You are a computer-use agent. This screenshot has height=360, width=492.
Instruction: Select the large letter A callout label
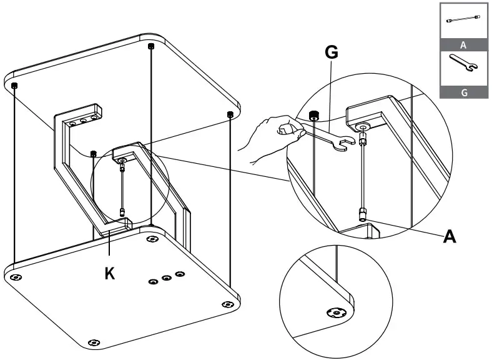pyautogui.click(x=449, y=236)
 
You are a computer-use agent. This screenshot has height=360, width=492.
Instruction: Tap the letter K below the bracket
pyautogui.click(x=109, y=273)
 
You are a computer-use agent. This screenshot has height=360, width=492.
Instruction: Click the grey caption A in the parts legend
pyautogui.click(x=463, y=45)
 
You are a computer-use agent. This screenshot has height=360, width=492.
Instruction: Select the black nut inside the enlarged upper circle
pyautogui.click(x=314, y=115)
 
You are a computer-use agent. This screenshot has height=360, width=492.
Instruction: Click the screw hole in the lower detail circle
pyautogui.click(x=335, y=313)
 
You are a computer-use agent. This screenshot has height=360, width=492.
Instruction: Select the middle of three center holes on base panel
pyautogui.click(x=167, y=277)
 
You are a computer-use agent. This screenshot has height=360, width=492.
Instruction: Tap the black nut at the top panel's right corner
pyautogui.click(x=230, y=114)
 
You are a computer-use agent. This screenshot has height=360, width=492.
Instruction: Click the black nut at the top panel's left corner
pyautogui.click(x=15, y=85)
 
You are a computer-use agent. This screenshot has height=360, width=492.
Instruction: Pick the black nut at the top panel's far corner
pyautogui.click(x=150, y=46)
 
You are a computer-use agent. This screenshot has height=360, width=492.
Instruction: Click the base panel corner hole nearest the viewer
pyautogui.click(x=94, y=342)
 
